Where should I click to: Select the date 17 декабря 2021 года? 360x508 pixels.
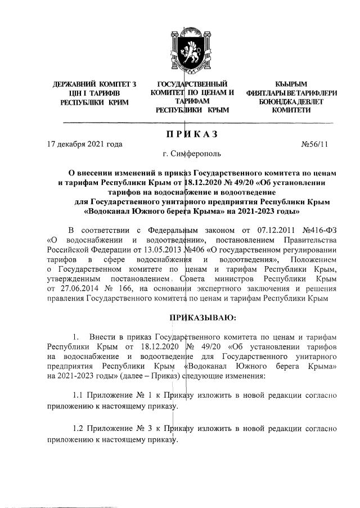84,144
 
